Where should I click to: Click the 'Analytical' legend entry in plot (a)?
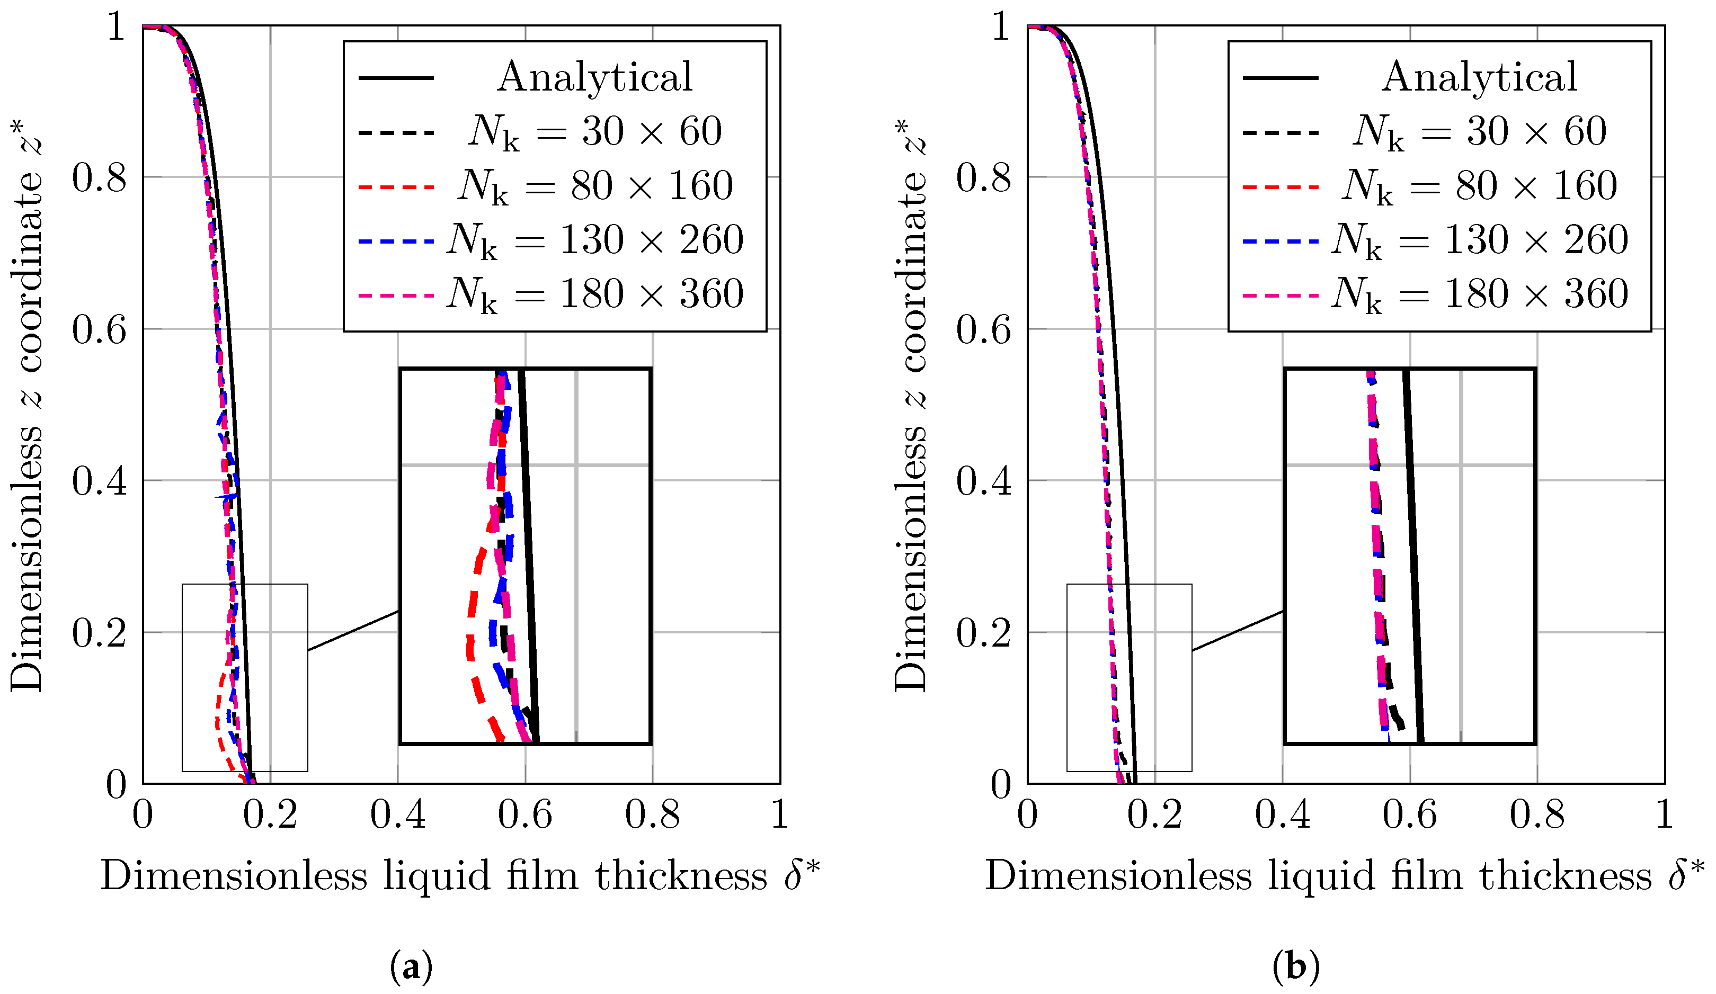pyautogui.click(x=594, y=76)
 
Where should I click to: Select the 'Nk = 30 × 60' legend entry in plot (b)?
pyautogui.click(x=1479, y=131)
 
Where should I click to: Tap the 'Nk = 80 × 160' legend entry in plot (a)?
pyautogui.click(x=594, y=185)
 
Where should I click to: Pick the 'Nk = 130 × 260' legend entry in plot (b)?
pyautogui.click(x=1479, y=240)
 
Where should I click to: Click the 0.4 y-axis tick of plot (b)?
pyautogui.click(x=984, y=481)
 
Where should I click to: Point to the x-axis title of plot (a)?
pyautogui.click(x=460, y=876)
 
